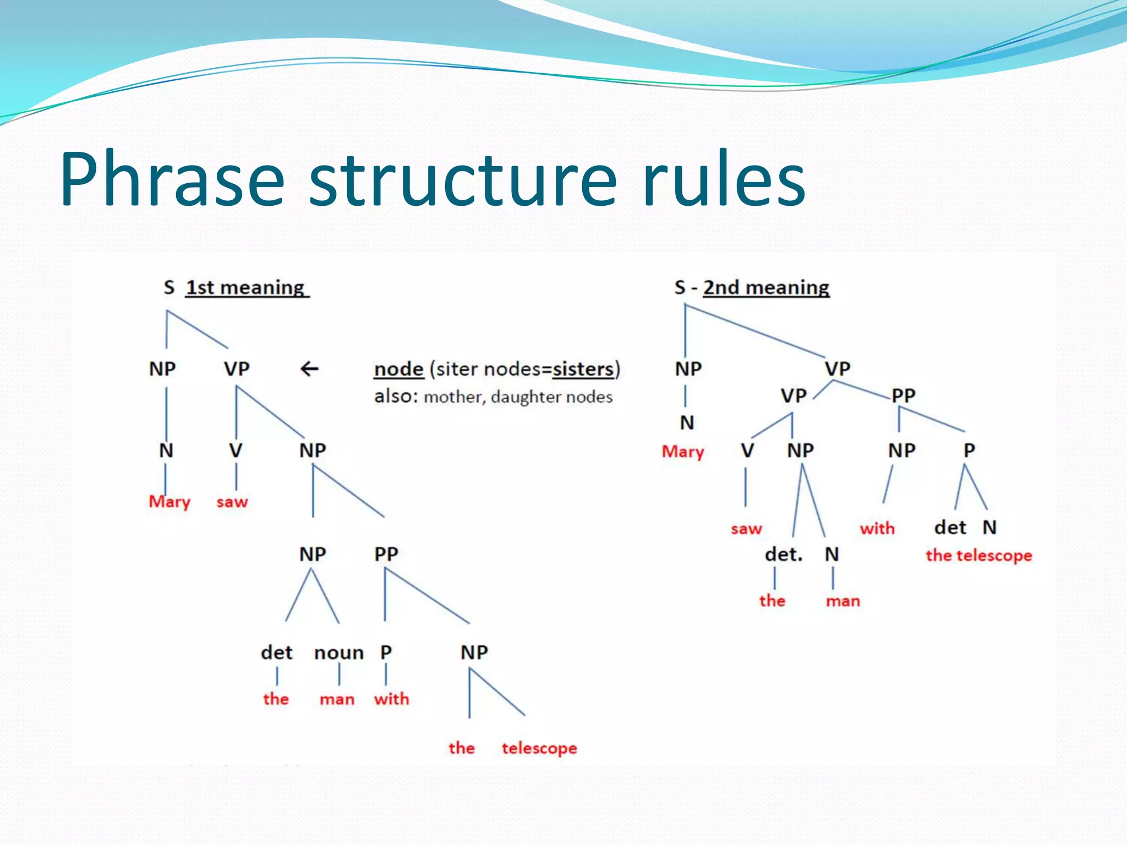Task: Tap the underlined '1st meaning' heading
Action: point(246,288)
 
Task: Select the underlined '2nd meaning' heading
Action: point(765,288)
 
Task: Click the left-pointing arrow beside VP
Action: point(309,369)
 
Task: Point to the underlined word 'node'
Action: point(398,369)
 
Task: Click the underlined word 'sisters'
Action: point(583,369)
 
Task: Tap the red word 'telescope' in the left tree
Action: point(539,748)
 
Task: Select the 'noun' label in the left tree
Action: point(338,653)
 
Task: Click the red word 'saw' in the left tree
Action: point(232,502)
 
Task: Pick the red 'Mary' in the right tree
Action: point(682,452)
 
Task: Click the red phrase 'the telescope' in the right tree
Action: point(978,556)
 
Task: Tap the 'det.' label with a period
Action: point(784,555)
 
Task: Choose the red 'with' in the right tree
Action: point(877,529)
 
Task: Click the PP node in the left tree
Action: point(386,554)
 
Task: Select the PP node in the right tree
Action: point(903,396)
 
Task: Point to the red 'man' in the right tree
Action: point(842,601)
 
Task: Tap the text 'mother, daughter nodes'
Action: point(518,397)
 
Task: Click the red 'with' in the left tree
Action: point(391,699)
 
